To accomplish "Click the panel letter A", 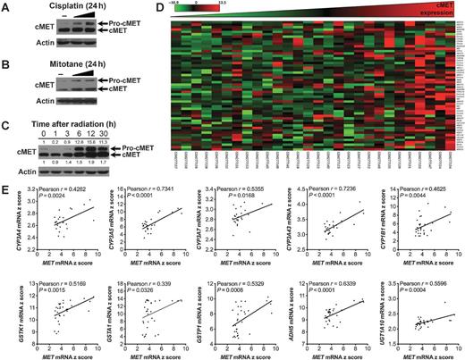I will click(5, 6).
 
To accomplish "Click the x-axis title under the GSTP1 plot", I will click(239, 356).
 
